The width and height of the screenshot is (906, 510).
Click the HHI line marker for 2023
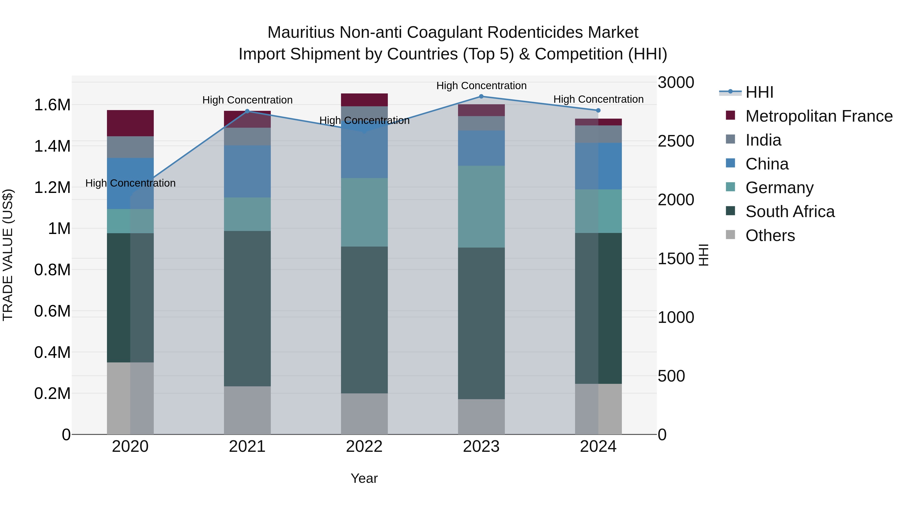tap(481, 96)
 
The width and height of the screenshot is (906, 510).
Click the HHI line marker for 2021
tap(247, 111)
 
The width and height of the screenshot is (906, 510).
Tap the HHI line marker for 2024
tap(598, 111)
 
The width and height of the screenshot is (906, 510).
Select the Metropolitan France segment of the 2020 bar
tap(130, 123)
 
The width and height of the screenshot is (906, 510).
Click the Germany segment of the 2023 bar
tap(481, 207)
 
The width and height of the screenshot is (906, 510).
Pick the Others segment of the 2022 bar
tap(364, 414)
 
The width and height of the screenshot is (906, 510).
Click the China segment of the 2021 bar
tap(247, 172)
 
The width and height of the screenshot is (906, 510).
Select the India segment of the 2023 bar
tap(481, 123)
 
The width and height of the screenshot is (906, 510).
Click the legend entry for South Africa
tap(789, 212)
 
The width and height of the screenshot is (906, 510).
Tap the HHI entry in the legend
tap(759, 92)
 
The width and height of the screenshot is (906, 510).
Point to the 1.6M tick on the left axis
tap(52, 105)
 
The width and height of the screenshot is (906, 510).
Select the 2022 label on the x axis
tap(364, 447)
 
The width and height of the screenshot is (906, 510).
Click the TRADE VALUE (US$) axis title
tap(8, 255)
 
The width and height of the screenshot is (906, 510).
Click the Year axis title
tap(364, 478)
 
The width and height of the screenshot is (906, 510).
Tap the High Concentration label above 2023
tap(481, 86)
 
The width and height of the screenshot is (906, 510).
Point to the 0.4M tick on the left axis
tap(52, 352)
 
